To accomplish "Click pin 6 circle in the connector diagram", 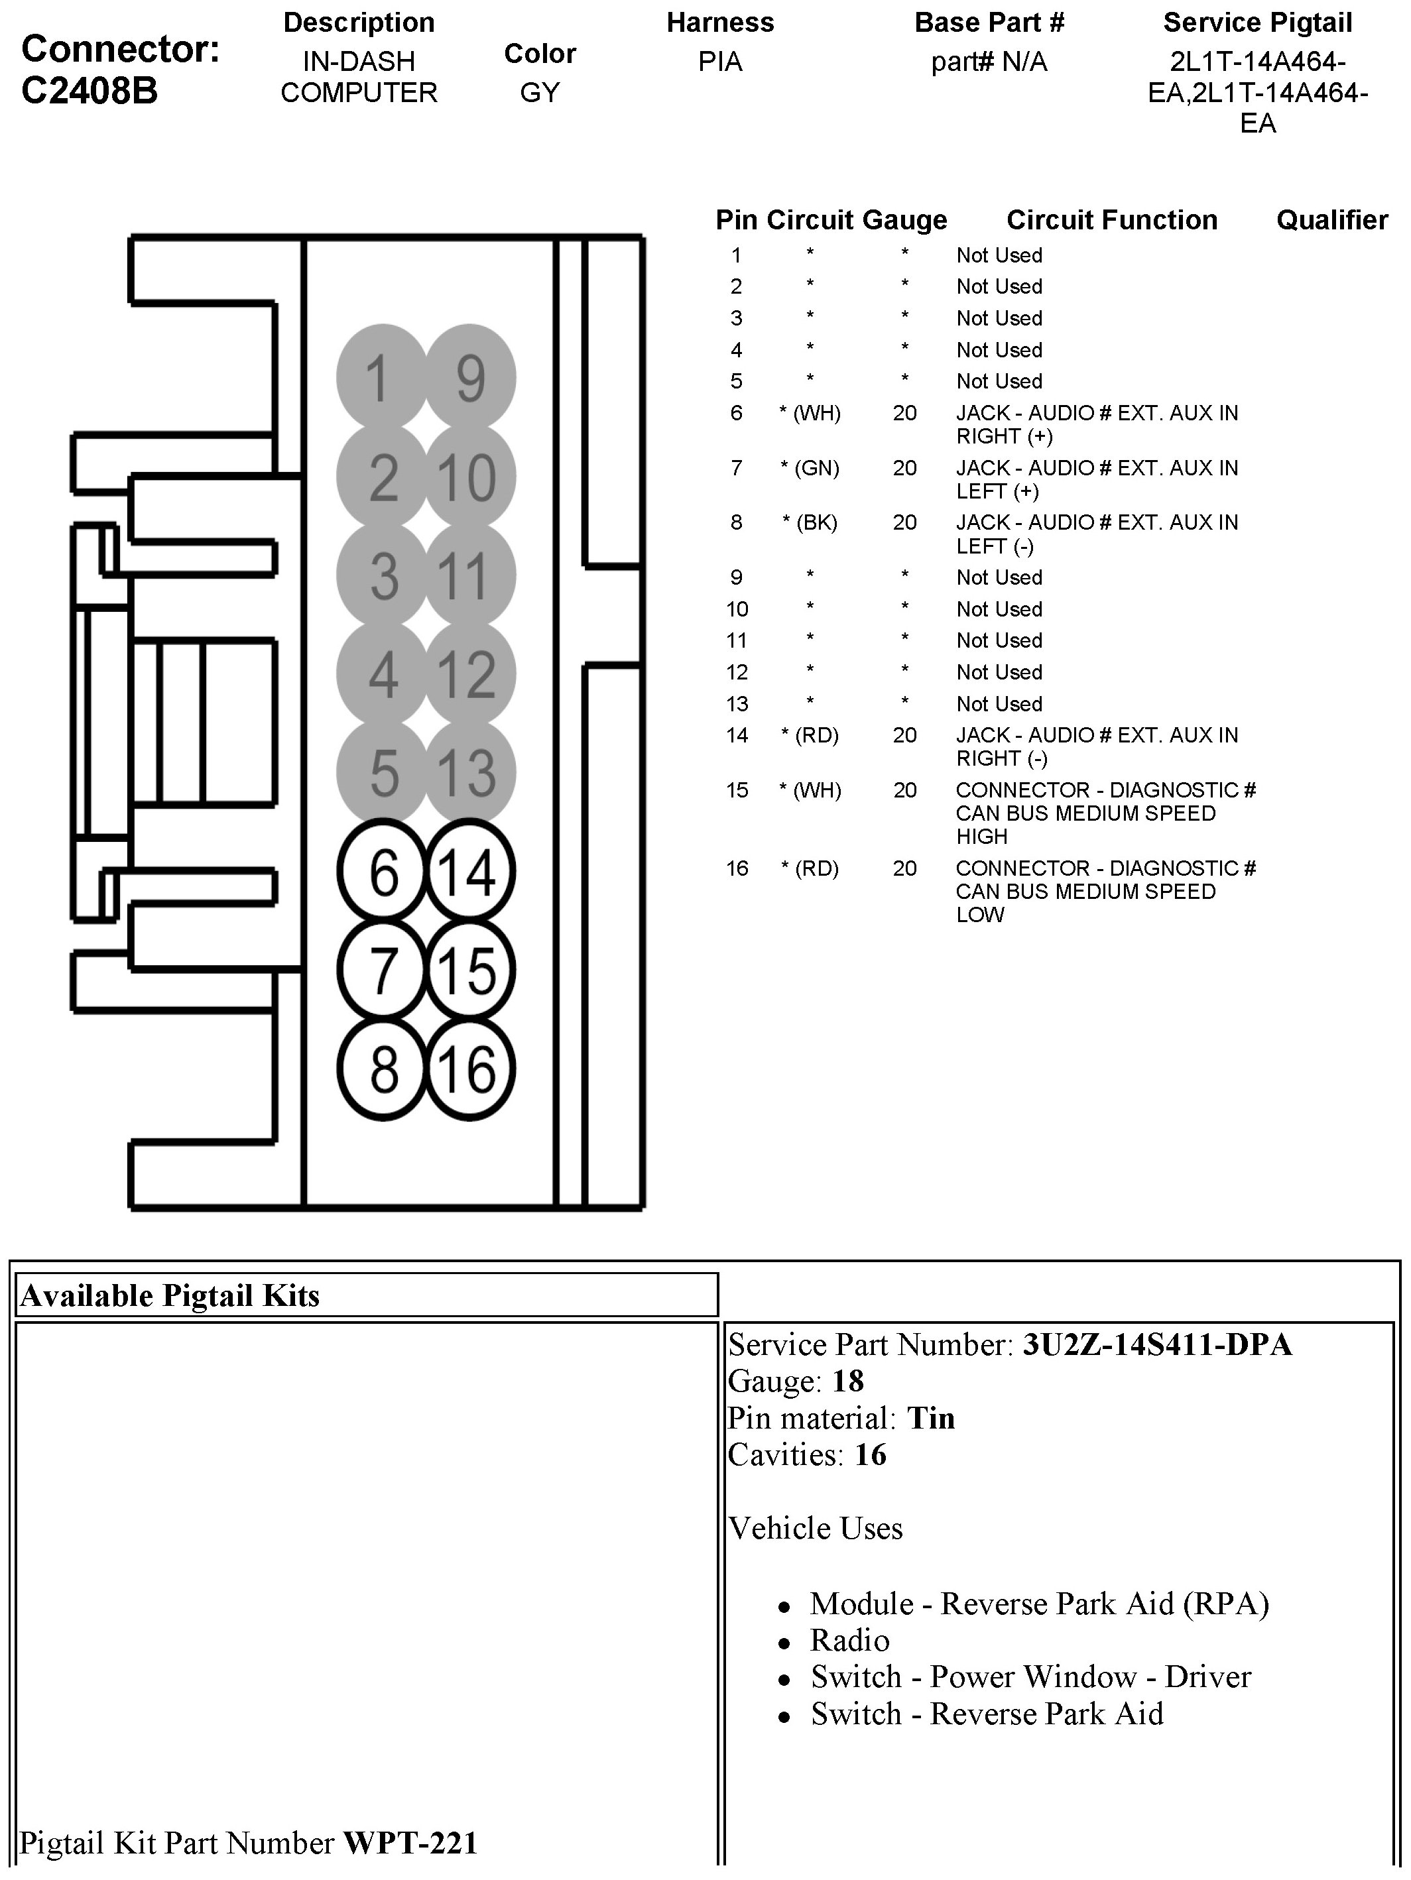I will point(383,872).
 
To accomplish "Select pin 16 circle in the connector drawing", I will point(469,1069).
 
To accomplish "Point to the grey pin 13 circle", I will point(469,772).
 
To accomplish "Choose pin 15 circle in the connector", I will point(469,970).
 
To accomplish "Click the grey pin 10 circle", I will point(469,477).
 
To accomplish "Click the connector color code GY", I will point(540,93).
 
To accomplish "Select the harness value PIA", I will point(720,62).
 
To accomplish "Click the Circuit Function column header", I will point(1112,220).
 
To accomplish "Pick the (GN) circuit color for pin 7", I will point(816,468).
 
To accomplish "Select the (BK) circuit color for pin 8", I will point(816,522).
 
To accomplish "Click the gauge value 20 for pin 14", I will point(904,735).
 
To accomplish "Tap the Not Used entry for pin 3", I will point(999,318).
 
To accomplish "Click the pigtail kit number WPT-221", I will point(410,1843).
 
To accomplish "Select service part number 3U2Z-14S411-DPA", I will point(1157,1344).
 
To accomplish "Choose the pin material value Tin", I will point(931,1418).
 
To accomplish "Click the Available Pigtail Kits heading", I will point(170,1296).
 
